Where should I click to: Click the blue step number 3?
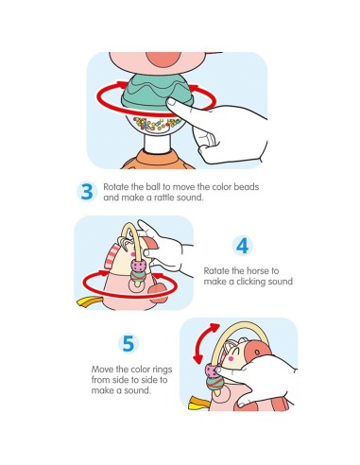pos(87,191)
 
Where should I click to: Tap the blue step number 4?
pos(242,246)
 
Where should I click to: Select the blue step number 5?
pos(129,343)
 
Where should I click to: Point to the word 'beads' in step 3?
pos(246,187)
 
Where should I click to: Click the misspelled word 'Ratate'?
pos(217,270)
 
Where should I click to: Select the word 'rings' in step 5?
pos(163,370)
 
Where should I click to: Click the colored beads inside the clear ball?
pos(157,123)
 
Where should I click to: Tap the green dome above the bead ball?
pos(157,91)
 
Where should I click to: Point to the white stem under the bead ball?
pos(157,144)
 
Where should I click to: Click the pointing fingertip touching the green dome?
pos(172,103)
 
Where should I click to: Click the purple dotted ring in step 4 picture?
pos(139,267)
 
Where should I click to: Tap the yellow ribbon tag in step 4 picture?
pos(88,301)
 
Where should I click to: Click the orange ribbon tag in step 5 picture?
pos(197,404)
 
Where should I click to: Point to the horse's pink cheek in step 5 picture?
pos(231,358)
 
